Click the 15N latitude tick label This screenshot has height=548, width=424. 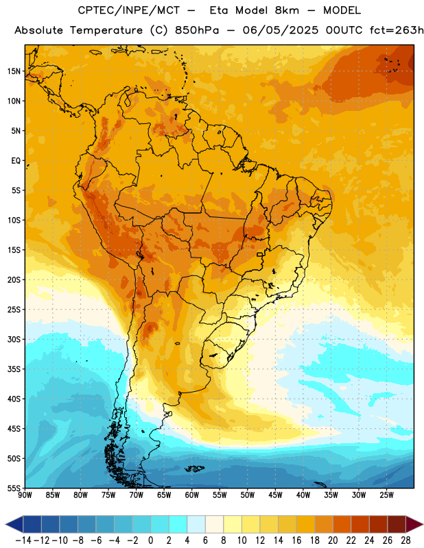point(14,71)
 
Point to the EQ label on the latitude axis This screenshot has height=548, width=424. point(16,161)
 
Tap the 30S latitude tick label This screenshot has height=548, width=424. point(14,339)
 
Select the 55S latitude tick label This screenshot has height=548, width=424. point(14,488)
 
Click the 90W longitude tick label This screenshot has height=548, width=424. point(25,495)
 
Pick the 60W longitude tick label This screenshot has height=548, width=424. point(192,495)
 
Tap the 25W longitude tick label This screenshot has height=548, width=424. point(386,495)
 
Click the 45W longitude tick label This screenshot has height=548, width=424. point(275,495)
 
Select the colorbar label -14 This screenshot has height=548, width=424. point(23,540)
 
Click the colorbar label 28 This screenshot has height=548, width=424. point(405,540)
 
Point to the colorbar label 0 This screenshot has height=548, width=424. point(151,540)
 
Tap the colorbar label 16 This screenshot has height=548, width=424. point(296,540)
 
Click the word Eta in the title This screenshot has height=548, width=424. point(219,10)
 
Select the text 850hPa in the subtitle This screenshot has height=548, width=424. point(197,30)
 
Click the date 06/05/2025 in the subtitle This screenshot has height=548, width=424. point(281,30)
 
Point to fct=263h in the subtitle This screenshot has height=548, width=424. point(397,30)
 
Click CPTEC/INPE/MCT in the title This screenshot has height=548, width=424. point(128,11)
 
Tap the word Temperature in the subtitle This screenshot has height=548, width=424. point(106,31)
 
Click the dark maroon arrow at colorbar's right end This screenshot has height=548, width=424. point(414,524)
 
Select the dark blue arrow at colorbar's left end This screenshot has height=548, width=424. point(14,524)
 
